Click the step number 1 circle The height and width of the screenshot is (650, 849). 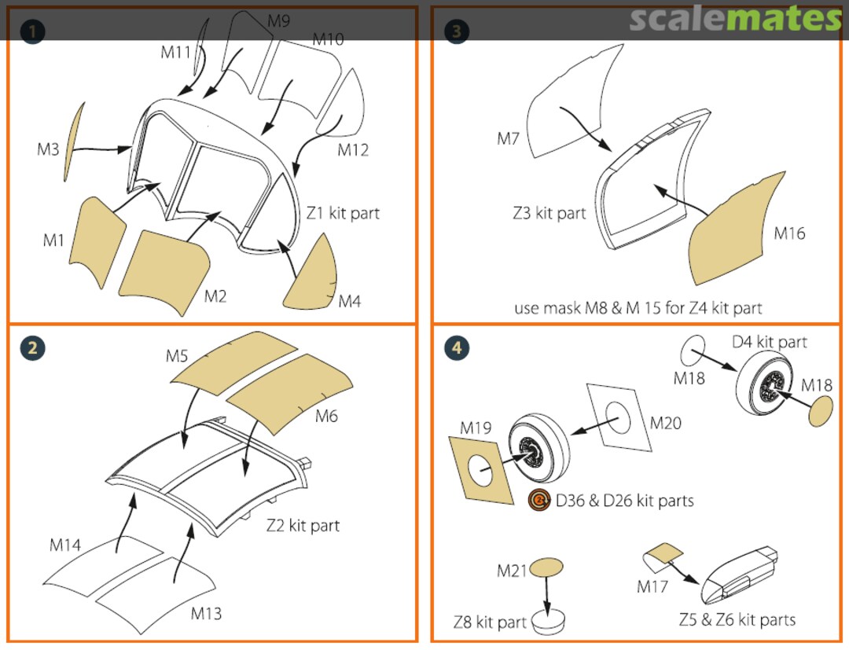tap(32, 31)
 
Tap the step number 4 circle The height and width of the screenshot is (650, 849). tap(457, 347)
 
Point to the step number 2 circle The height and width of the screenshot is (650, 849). tap(32, 347)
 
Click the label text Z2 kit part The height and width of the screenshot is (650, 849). tap(303, 525)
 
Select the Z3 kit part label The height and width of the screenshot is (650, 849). tap(549, 213)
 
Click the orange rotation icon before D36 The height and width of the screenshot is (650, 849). tap(539, 500)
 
